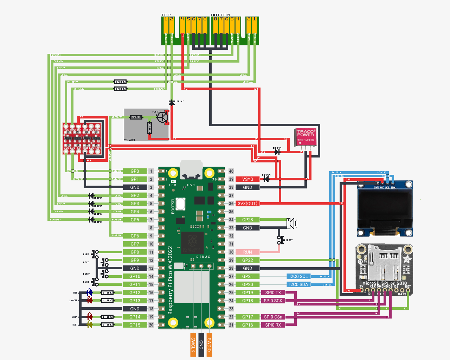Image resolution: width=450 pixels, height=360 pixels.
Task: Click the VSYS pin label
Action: pyautogui.click(x=247, y=179)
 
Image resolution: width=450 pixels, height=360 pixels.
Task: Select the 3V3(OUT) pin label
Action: pyautogui.click(x=247, y=204)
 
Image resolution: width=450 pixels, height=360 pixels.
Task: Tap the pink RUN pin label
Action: pyautogui.click(x=247, y=252)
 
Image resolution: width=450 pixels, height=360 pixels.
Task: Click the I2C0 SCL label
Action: pyautogui.click(x=298, y=276)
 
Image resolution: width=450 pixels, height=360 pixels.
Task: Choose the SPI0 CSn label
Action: pyautogui.click(x=273, y=317)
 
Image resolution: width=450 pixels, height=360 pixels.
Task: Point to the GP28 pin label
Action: pyautogui.click(x=247, y=220)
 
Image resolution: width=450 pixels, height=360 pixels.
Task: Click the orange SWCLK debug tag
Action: pyautogui.click(x=193, y=345)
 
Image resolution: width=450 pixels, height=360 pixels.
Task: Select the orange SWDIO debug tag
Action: pyautogui.click(x=209, y=345)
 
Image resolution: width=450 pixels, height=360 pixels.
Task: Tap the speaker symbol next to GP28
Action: pyautogui.click(x=291, y=223)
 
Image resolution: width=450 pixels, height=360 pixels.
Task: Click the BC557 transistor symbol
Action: pyautogui.click(x=162, y=117)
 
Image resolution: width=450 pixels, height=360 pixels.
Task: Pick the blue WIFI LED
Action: pyautogui.click(x=89, y=292)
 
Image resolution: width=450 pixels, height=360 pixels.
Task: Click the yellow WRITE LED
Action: pyautogui.click(x=90, y=325)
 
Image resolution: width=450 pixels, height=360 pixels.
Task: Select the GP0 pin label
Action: pyautogui.click(x=135, y=171)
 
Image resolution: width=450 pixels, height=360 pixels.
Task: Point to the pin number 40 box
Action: pyautogui.click(x=231, y=171)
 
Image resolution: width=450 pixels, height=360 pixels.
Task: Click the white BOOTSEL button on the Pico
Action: pyautogui.click(x=180, y=204)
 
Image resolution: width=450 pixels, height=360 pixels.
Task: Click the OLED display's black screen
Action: pyautogui.click(x=385, y=208)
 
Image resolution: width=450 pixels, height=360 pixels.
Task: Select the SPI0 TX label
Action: pyautogui.click(x=273, y=292)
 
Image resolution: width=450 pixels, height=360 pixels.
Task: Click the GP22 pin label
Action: pyautogui.click(x=247, y=260)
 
